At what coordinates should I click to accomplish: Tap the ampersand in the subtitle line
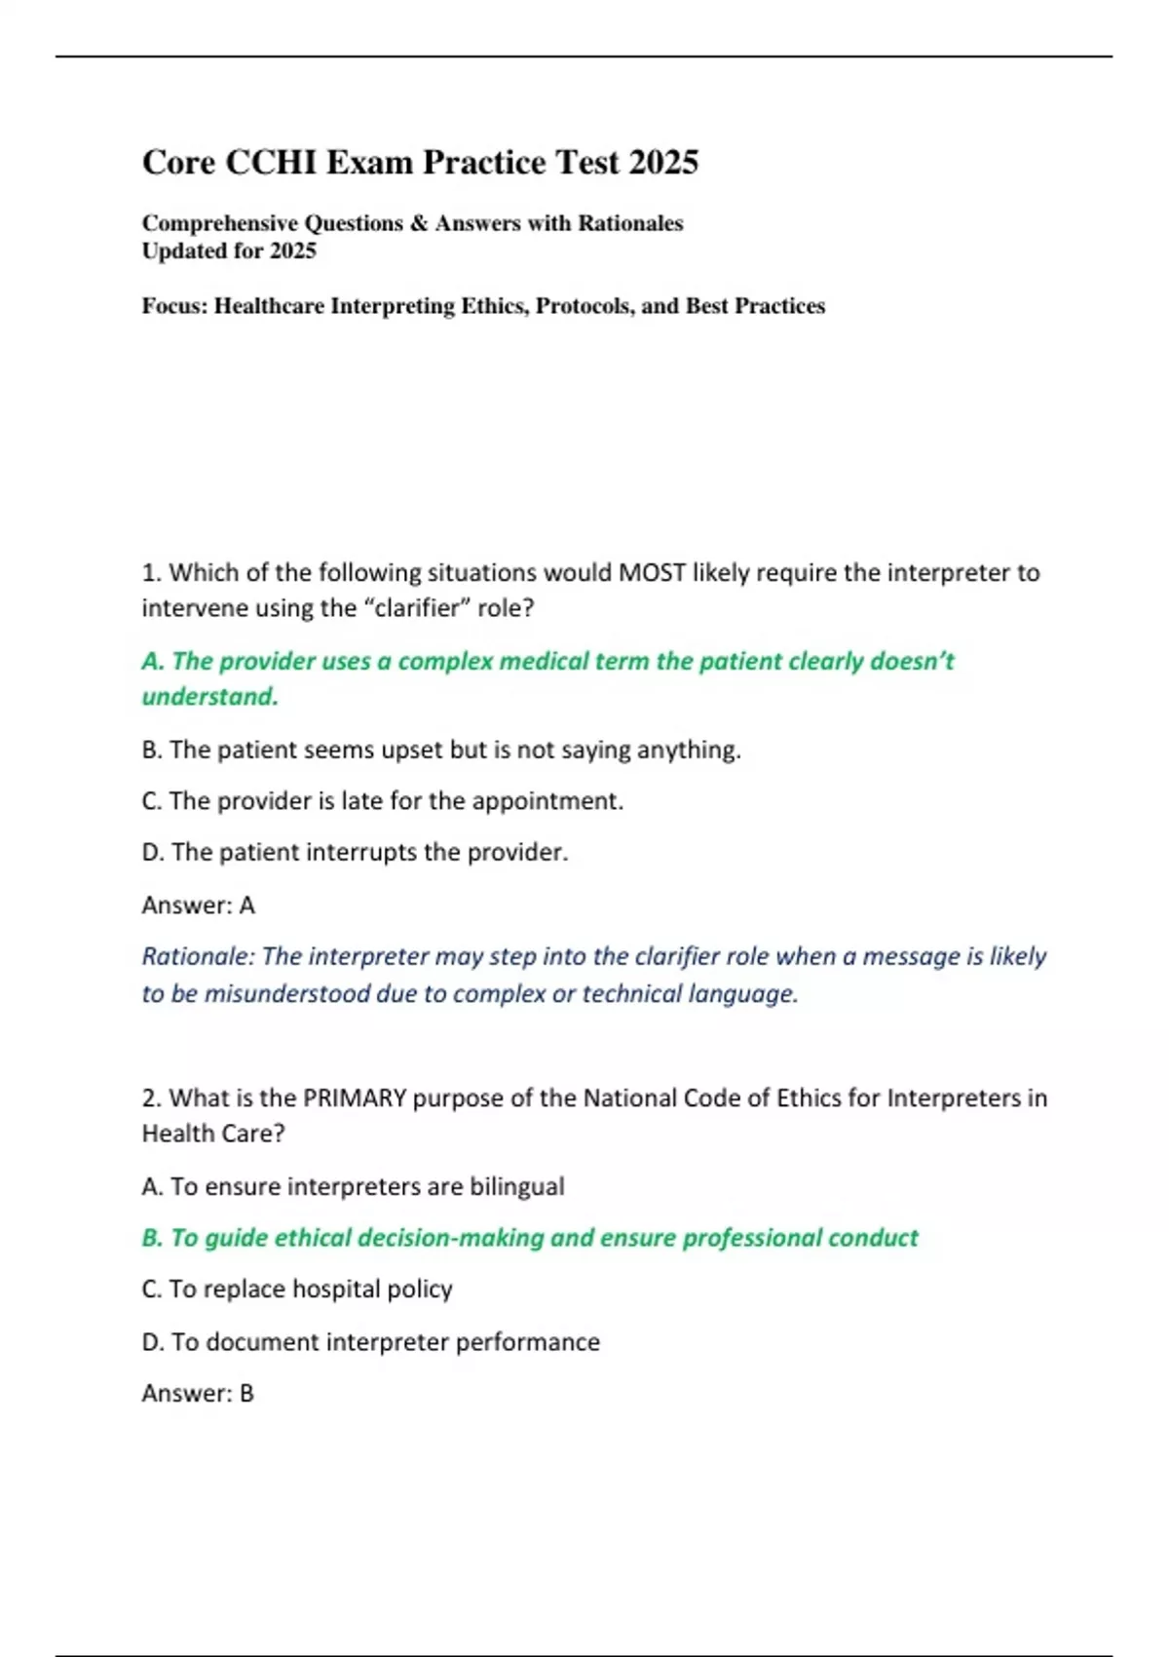click(419, 223)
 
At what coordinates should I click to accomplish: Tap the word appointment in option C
click(547, 801)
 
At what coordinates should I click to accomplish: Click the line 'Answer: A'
click(199, 906)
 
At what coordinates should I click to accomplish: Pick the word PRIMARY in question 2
click(355, 1098)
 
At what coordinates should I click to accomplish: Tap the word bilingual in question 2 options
click(516, 1187)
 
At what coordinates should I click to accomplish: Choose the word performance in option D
click(527, 1342)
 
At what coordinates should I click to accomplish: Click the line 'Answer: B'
click(198, 1394)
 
